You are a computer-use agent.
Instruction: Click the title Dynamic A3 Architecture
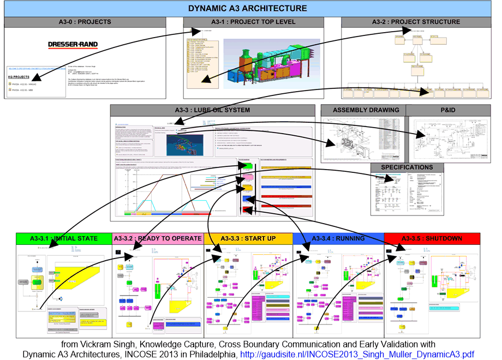pos(247,8)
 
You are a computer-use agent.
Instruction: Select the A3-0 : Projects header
pos(85,22)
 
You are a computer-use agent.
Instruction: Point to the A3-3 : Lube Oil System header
pos(213,110)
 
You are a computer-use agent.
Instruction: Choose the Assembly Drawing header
pos(362,110)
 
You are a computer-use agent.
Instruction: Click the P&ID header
pos(448,110)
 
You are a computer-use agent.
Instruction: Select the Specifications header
pos(407,167)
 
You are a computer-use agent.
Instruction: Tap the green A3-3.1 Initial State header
pos(64,238)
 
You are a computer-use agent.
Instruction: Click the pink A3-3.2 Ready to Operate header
pos(158,238)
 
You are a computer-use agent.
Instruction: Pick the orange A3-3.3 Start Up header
pos(248,238)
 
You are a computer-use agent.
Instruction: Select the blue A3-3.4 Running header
pos(338,238)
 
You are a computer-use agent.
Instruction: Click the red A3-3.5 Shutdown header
pos(432,238)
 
